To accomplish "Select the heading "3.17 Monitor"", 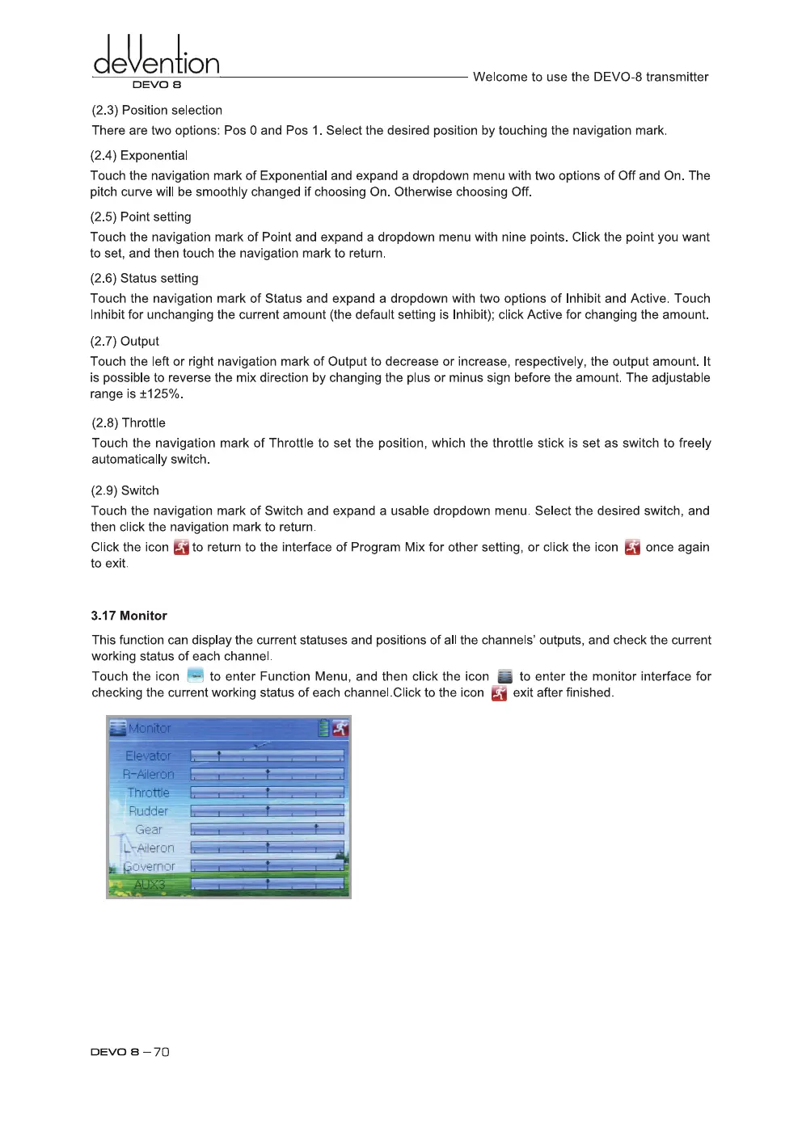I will pos(129,616).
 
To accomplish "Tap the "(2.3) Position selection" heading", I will pos(157,110).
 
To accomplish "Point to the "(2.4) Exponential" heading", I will pos(138,155).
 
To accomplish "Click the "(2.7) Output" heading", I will pos(125,341).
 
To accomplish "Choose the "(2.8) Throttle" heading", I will pos(129,423).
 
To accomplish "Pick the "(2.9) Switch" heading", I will pos(125,490).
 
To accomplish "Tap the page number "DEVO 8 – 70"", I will pos(129,1052).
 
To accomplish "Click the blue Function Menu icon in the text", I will pos(195,675).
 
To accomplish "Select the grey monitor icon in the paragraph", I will pos(504,676).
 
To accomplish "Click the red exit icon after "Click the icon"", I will pos(181,548).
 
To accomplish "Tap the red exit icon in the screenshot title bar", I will pos(340,728).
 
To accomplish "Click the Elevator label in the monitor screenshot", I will pos(148,756).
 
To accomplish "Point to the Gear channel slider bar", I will pos(267,829).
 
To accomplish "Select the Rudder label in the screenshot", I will pos(148,811).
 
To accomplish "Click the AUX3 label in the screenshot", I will pos(150,885).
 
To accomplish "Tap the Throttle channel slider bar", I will pos(267,793).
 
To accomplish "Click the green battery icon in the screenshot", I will pos(323,728).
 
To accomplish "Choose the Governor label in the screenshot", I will pos(149,866).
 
